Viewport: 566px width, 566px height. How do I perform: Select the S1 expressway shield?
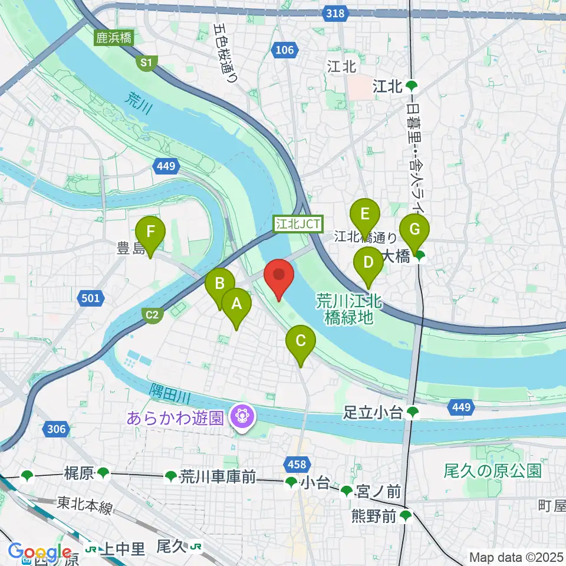coord(145,62)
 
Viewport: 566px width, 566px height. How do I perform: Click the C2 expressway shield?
coord(152,315)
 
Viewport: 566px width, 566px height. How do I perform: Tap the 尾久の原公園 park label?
coord(492,470)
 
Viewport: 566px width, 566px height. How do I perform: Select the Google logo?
coord(41,552)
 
